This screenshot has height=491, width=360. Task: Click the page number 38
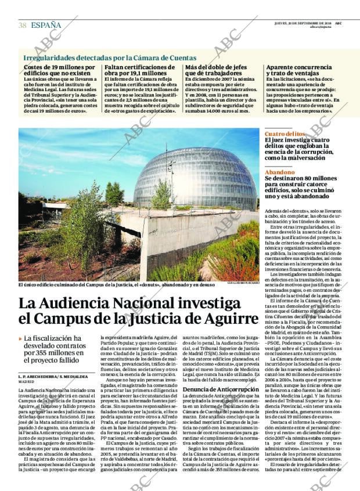(22, 25)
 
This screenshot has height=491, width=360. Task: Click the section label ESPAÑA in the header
(46, 25)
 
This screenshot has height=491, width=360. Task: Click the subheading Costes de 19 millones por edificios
(56, 71)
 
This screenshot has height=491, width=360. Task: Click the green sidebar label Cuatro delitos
(282, 133)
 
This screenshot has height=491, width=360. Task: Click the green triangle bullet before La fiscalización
(20, 338)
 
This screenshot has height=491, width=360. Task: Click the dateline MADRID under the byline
(26, 382)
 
